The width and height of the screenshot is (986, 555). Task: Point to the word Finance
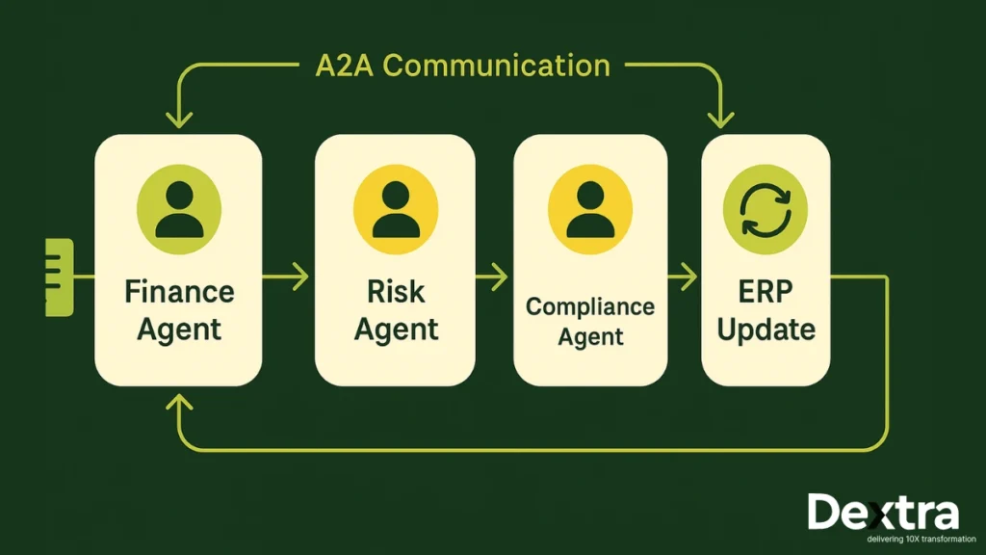tap(178, 291)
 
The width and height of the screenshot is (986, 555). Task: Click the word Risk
tap(395, 291)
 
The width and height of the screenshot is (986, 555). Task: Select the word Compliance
tap(589, 307)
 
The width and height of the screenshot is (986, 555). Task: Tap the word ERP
tap(765, 291)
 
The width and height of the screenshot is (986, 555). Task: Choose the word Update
tap(765, 330)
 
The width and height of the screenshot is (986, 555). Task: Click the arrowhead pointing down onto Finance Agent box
tap(178, 120)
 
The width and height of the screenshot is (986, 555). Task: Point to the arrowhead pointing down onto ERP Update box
tap(720, 120)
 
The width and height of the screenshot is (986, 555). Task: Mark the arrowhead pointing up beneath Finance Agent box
tap(178, 403)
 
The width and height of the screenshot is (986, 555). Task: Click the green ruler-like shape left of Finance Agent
tap(59, 277)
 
